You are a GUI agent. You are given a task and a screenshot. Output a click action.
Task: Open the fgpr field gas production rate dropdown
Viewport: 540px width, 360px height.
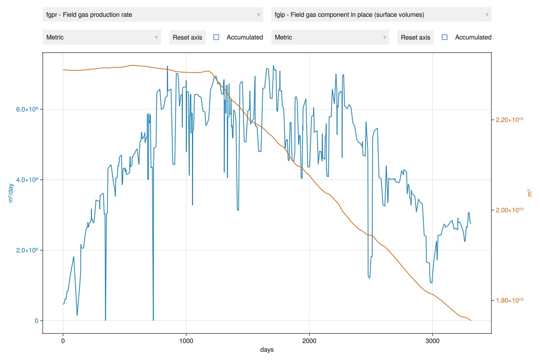pyautogui.click(x=153, y=15)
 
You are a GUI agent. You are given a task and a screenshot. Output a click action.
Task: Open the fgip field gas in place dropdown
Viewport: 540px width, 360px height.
pyautogui.click(x=381, y=15)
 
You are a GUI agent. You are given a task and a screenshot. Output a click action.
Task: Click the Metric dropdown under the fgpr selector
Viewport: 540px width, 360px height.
pyautogui.click(x=102, y=37)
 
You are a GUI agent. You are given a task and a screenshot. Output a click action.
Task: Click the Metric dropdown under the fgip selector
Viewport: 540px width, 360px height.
pyautogui.click(x=330, y=37)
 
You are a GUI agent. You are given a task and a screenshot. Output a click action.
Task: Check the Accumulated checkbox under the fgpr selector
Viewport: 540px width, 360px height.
pyautogui.click(x=216, y=37)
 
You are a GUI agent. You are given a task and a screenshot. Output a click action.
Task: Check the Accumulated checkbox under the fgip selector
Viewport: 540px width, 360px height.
pyautogui.click(x=445, y=37)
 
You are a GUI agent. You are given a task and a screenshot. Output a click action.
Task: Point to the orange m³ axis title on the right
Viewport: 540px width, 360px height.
pyautogui.click(x=529, y=193)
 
